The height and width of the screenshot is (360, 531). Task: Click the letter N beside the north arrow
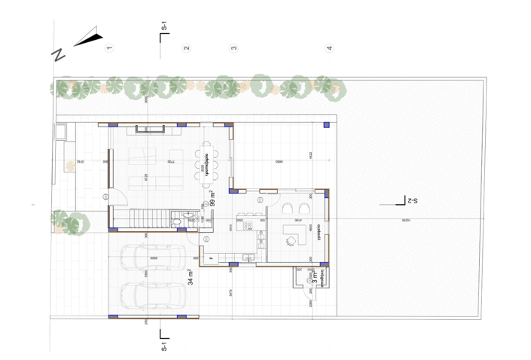click(x=58, y=54)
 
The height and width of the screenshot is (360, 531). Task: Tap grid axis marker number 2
click(x=187, y=48)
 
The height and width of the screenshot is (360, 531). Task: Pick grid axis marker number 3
click(x=233, y=48)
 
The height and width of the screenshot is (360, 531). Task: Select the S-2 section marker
click(x=409, y=201)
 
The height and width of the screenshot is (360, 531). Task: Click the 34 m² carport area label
click(x=191, y=278)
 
